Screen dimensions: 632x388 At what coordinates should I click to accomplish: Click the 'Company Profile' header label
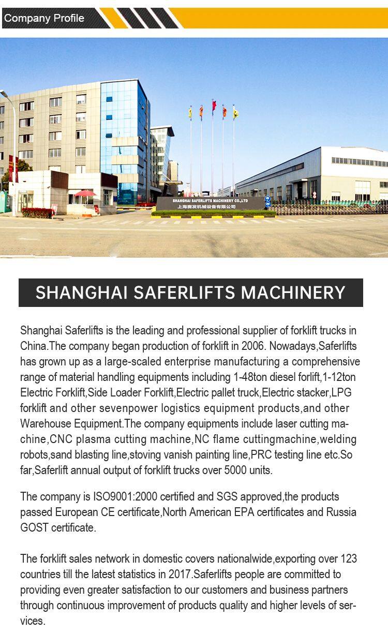coord(44,18)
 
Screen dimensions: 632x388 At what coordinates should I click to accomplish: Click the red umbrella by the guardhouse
coord(85,194)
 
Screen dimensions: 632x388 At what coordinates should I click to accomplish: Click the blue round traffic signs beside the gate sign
coord(267,201)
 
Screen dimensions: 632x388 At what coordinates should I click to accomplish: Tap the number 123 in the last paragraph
coord(348,559)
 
